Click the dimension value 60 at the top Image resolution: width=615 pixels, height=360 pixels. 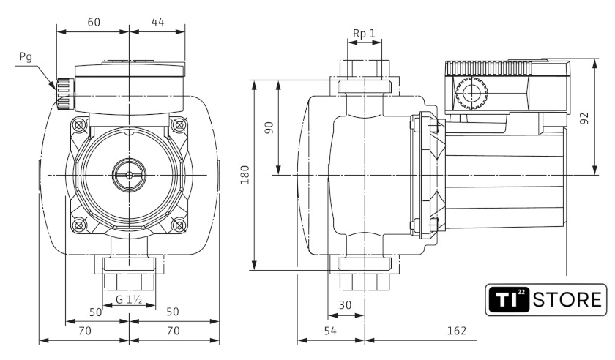coord(94,22)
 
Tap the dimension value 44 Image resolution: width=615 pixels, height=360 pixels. coord(157,22)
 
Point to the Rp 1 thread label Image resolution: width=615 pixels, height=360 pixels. coord(364,34)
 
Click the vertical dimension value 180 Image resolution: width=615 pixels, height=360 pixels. coord(246,175)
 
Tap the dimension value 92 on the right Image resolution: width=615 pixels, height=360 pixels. coord(584,118)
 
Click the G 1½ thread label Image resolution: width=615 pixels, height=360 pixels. coord(129,299)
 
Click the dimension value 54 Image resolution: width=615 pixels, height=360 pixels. coord(330,331)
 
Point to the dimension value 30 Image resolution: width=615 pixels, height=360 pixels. coord(346,305)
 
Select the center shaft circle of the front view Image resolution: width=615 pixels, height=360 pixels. coord(129,176)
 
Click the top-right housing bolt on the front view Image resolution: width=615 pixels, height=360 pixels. coord(178,125)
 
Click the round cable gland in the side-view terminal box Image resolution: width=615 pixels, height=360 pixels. coord(469,94)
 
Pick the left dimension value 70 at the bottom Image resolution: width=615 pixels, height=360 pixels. coord(84,331)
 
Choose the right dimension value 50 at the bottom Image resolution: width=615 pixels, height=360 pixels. coord(174,312)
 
